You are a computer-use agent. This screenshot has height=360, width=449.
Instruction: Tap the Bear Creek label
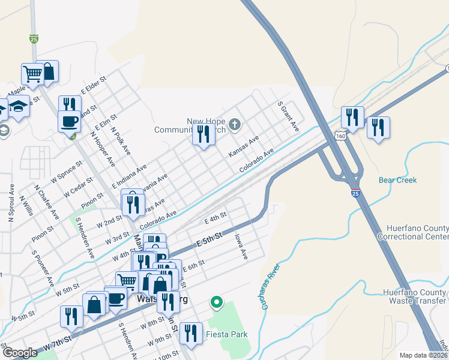click(x=397, y=180)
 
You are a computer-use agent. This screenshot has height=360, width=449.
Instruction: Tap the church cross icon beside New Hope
click(x=235, y=125)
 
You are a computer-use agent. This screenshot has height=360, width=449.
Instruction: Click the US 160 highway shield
click(x=340, y=136)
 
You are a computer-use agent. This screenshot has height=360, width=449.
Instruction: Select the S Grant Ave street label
click(x=288, y=116)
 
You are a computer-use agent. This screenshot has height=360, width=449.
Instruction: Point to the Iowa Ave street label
click(x=241, y=247)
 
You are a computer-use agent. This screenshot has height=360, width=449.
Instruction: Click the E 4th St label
click(x=215, y=217)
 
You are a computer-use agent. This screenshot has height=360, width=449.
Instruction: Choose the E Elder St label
click(x=94, y=85)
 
